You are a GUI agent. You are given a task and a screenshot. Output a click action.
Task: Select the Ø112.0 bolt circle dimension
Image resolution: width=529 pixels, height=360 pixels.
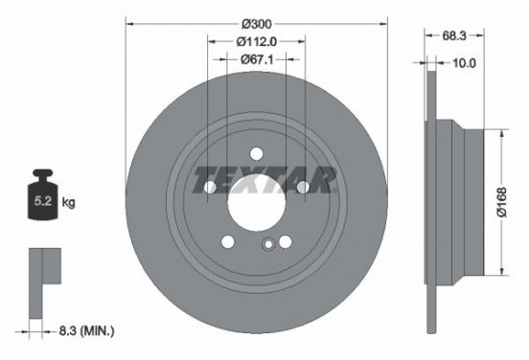click(x=256, y=41)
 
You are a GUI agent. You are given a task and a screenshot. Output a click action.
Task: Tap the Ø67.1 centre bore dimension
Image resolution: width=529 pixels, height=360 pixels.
click(x=256, y=59)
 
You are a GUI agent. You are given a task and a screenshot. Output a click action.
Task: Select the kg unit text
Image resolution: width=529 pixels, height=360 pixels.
click(x=69, y=204)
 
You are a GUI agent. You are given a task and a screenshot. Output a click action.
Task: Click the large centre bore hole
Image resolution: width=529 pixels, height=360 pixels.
click(x=256, y=196)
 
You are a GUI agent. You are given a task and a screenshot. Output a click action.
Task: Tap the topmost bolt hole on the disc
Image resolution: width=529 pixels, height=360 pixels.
click(x=256, y=150)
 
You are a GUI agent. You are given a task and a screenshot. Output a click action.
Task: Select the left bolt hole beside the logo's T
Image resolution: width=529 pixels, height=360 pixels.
click(x=210, y=187)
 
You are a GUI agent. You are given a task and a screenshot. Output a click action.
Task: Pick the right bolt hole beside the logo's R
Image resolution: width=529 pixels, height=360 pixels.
click(x=302, y=187)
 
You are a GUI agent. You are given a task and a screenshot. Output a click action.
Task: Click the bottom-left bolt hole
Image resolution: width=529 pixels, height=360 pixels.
click(x=228, y=240)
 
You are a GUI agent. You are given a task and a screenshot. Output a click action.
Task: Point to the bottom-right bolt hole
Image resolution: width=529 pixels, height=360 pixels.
click(x=285, y=240)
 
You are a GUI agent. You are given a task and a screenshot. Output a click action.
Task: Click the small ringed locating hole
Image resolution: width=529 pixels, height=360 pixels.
click(x=269, y=243)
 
